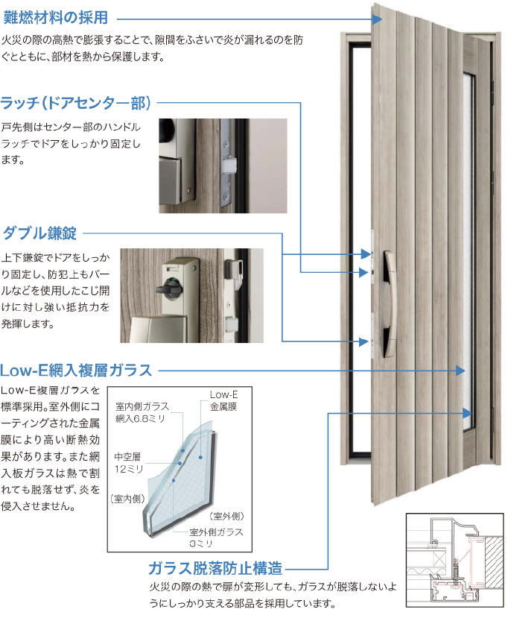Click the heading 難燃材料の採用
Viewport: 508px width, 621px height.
coord(56,17)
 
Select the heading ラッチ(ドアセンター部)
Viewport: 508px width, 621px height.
coord(75,103)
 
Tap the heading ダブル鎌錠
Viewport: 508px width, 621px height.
coord(40,233)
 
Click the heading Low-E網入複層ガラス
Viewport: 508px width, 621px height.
coord(76,371)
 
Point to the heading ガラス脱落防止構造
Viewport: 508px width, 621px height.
coord(215,568)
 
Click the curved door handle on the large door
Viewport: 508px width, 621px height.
coord(389,304)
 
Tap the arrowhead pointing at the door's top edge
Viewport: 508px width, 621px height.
coord(378,19)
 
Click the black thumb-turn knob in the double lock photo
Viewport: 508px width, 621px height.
coord(168,289)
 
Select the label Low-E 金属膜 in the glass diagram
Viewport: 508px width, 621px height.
coord(223,400)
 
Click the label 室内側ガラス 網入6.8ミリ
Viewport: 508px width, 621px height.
coord(142,412)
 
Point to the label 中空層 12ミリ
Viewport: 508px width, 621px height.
coord(128,462)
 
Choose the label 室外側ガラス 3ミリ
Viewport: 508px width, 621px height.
coord(216,538)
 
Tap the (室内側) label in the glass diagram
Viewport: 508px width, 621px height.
coord(127,499)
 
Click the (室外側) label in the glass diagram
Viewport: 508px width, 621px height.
coord(226,516)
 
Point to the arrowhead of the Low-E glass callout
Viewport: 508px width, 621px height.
coord(460,371)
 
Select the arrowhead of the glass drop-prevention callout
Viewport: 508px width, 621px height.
coord(467,413)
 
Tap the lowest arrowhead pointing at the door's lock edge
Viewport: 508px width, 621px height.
coord(363,341)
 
